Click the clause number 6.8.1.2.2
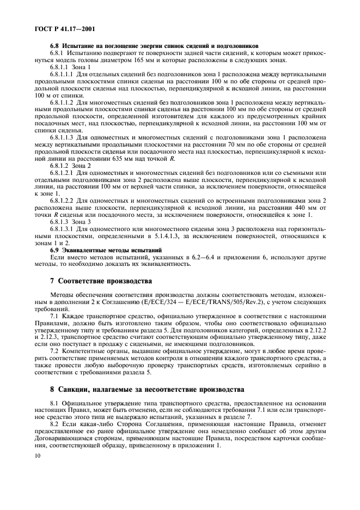click(x=64, y=201)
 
